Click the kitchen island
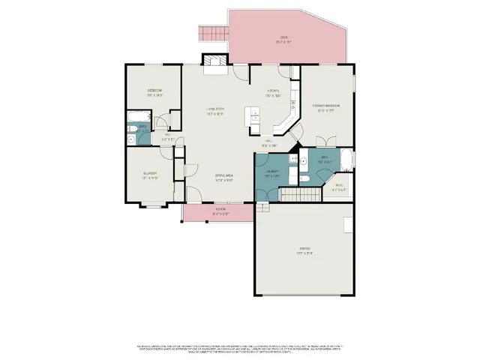point(254,118)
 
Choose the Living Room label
point(215,112)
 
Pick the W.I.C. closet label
point(340,187)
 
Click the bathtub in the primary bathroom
point(346,160)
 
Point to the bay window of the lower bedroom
point(155,205)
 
